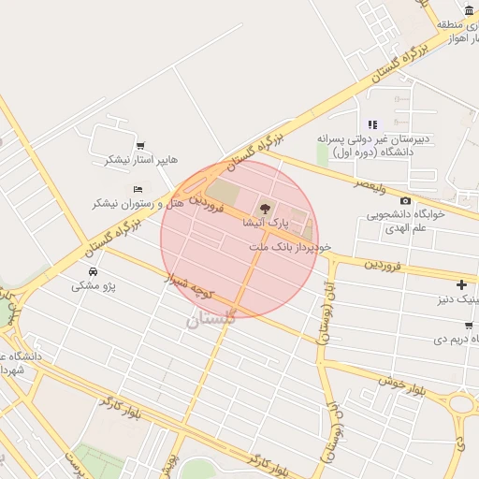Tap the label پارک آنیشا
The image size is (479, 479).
coord(266,225)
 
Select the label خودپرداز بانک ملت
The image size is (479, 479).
coord(291,247)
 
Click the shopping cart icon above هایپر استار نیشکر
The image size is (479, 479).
coord(140,145)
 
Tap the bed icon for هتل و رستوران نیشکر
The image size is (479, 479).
coord(138,189)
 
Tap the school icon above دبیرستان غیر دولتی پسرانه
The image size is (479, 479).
coord(372,124)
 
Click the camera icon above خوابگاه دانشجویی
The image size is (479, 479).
coord(404,200)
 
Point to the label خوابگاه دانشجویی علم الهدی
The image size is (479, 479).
coord(411,222)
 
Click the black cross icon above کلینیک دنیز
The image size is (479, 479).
coord(460,284)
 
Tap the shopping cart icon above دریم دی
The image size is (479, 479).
coord(467,325)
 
